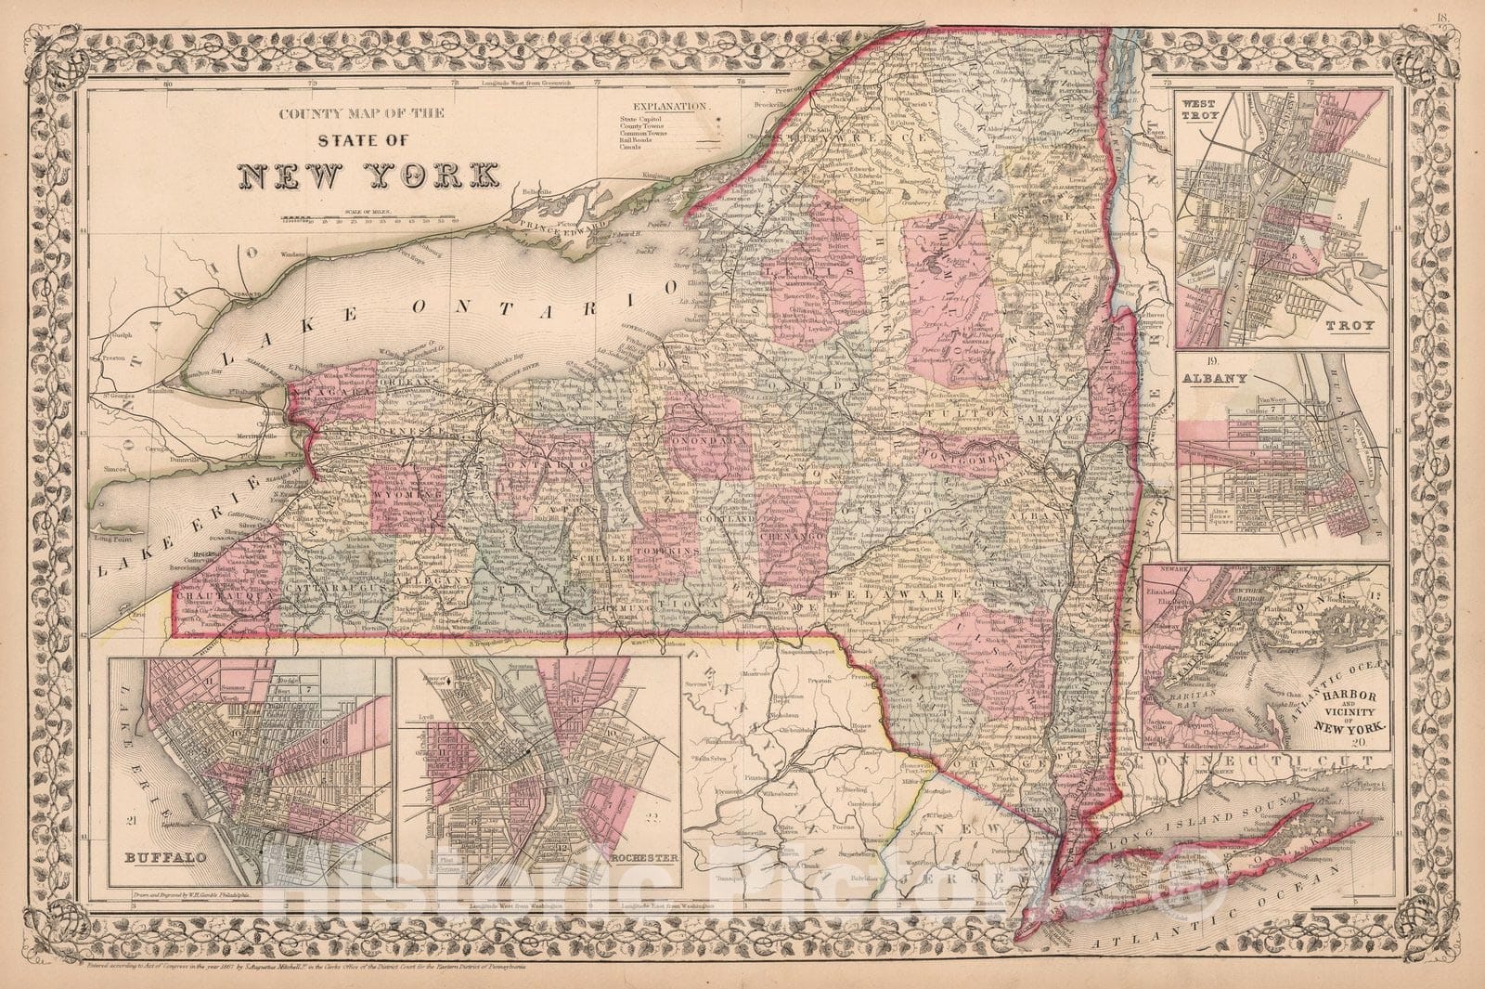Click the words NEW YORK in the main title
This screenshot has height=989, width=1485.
[367, 176]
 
